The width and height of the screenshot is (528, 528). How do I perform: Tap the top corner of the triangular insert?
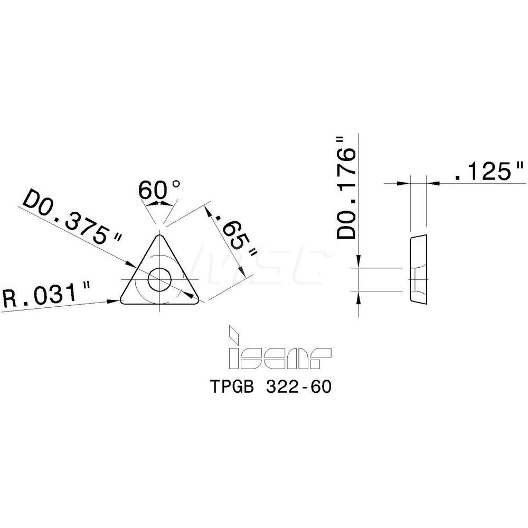(159, 235)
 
